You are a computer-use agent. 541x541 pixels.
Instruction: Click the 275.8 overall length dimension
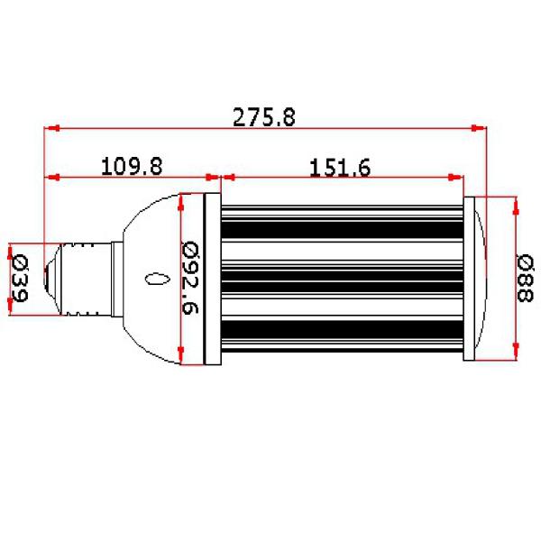[x=264, y=117]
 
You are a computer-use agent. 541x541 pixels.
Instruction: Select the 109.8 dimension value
[x=132, y=166]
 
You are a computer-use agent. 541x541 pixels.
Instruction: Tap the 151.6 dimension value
[x=340, y=168]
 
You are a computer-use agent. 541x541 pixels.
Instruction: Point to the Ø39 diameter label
[x=20, y=278]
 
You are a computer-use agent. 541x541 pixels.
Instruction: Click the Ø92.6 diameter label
[x=190, y=278]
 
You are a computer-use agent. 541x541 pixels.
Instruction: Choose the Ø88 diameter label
[x=525, y=278]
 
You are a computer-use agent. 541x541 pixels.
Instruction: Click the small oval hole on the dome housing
[x=157, y=279]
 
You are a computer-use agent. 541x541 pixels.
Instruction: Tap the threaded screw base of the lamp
[x=87, y=280]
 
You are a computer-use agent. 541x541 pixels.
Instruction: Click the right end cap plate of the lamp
[x=469, y=279]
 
